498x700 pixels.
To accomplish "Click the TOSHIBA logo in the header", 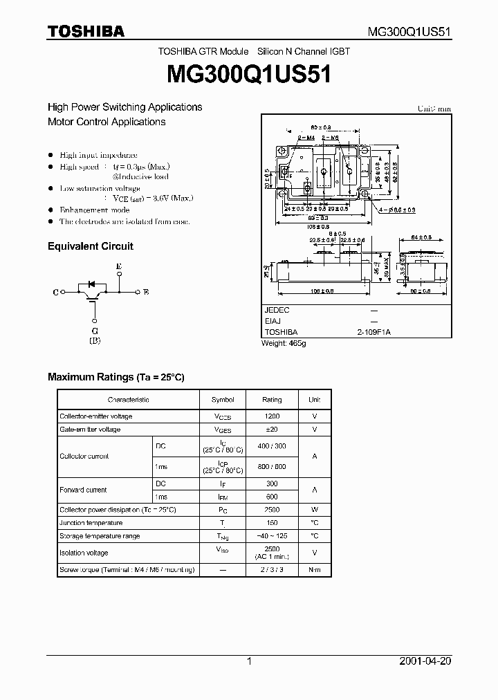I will pos(86,31).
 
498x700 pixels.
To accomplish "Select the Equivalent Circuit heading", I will pos(90,246).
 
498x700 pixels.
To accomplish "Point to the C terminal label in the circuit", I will pos(55,293).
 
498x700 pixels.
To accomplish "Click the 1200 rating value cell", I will pos(272,416).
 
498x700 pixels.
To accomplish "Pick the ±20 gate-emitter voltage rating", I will pos(272,430).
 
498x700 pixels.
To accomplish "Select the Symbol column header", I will pos(223,400).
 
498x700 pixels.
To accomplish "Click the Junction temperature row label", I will pos(91,523).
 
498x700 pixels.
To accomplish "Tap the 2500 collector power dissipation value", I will pos(272,509).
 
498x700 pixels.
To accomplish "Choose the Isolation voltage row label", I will pos(84,553).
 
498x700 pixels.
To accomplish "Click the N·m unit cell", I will pos(314,570).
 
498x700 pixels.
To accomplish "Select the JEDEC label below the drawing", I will pos(277,311).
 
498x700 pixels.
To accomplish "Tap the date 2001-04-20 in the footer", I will pos(425,661).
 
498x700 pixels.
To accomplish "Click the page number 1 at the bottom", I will pos(249,661).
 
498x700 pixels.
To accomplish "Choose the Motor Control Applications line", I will pos(107,122).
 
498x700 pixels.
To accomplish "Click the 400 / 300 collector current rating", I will pos(272,447).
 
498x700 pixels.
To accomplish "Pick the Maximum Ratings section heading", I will pos(116,377).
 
